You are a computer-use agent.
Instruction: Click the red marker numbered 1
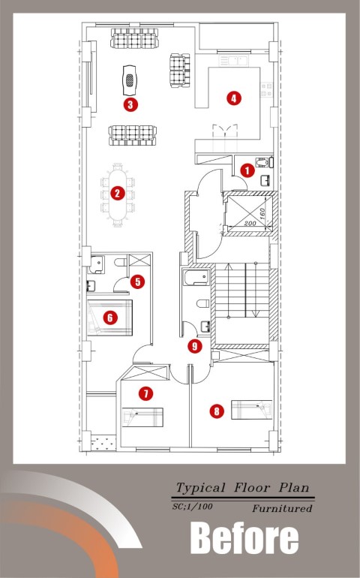[247, 170]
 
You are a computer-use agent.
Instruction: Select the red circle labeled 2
[118, 193]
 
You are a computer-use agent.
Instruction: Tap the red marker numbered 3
[130, 104]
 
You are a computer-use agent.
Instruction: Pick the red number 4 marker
[234, 98]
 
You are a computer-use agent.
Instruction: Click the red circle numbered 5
[137, 281]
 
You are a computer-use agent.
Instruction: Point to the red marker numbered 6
[110, 318]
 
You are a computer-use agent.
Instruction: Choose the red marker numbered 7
[146, 393]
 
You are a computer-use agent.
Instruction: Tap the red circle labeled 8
[217, 411]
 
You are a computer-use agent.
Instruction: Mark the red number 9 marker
[194, 346]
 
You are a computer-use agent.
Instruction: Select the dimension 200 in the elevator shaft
[250, 224]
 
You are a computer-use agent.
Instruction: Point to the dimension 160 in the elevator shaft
[262, 213]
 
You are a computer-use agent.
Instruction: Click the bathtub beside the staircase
[197, 278]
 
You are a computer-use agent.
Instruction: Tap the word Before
[244, 538]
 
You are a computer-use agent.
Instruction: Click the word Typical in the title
[200, 488]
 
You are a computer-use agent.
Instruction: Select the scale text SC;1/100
[192, 507]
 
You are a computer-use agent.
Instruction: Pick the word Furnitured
[282, 509]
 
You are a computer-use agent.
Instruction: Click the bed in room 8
[252, 410]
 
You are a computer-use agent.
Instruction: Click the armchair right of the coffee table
[180, 71]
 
